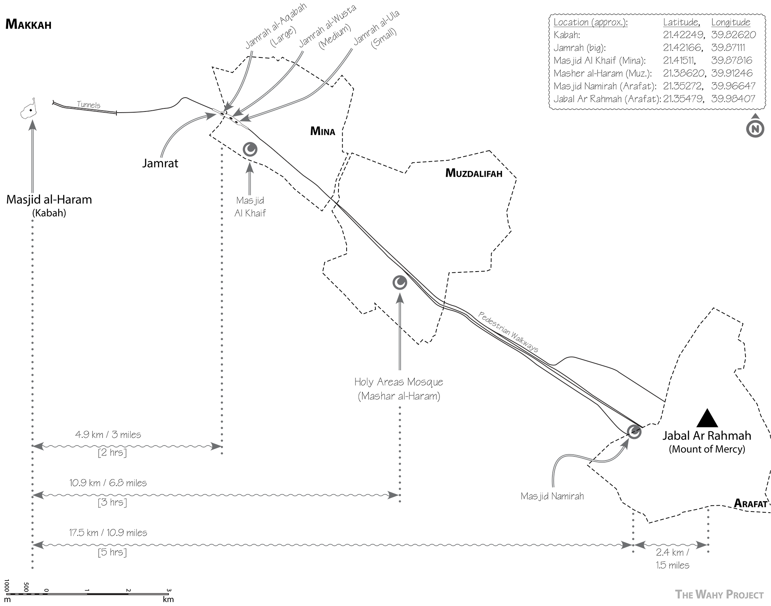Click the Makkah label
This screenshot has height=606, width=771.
pyautogui.click(x=28, y=25)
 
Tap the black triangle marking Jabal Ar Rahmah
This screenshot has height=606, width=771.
pyautogui.click(x=707, y=419)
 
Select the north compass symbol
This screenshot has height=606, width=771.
pyautogui.click(x=755, y=128)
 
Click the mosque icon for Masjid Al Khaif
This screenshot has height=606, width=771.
pyautogui.click(x=250, y=149)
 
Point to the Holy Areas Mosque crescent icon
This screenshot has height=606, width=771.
pyautogui.click(x=400, y=283)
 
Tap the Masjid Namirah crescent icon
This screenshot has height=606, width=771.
pyautogui.click(x=634, y=432)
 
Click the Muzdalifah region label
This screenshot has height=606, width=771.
pyautogui.click(x=473, y=173)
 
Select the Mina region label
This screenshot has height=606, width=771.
pyautogui.click(x=323, y=132)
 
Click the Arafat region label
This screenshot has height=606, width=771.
pyautogui.click(x=750, y=503)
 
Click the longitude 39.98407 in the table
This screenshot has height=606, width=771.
pyautogui.click(x=733, y=99)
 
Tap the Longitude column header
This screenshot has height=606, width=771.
pyautogui.click(x=731, y=22)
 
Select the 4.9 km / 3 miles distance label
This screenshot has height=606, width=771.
pyautogui.click(x=108, y=435)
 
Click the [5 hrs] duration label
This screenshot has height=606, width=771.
pyautogui.click(x=112, y=552)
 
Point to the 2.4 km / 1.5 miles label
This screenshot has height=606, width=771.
pyautogui.click(x=673, y=559)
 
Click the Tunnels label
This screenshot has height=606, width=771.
pyautogui.click(x=89, y=105)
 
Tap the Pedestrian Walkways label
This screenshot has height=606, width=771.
pyautogui.click(x=508, y=332)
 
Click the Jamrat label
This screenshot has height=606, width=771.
pyautogui.click(x=160, y=163)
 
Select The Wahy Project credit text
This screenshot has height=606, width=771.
pyautogui.click(x=719, y=595)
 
